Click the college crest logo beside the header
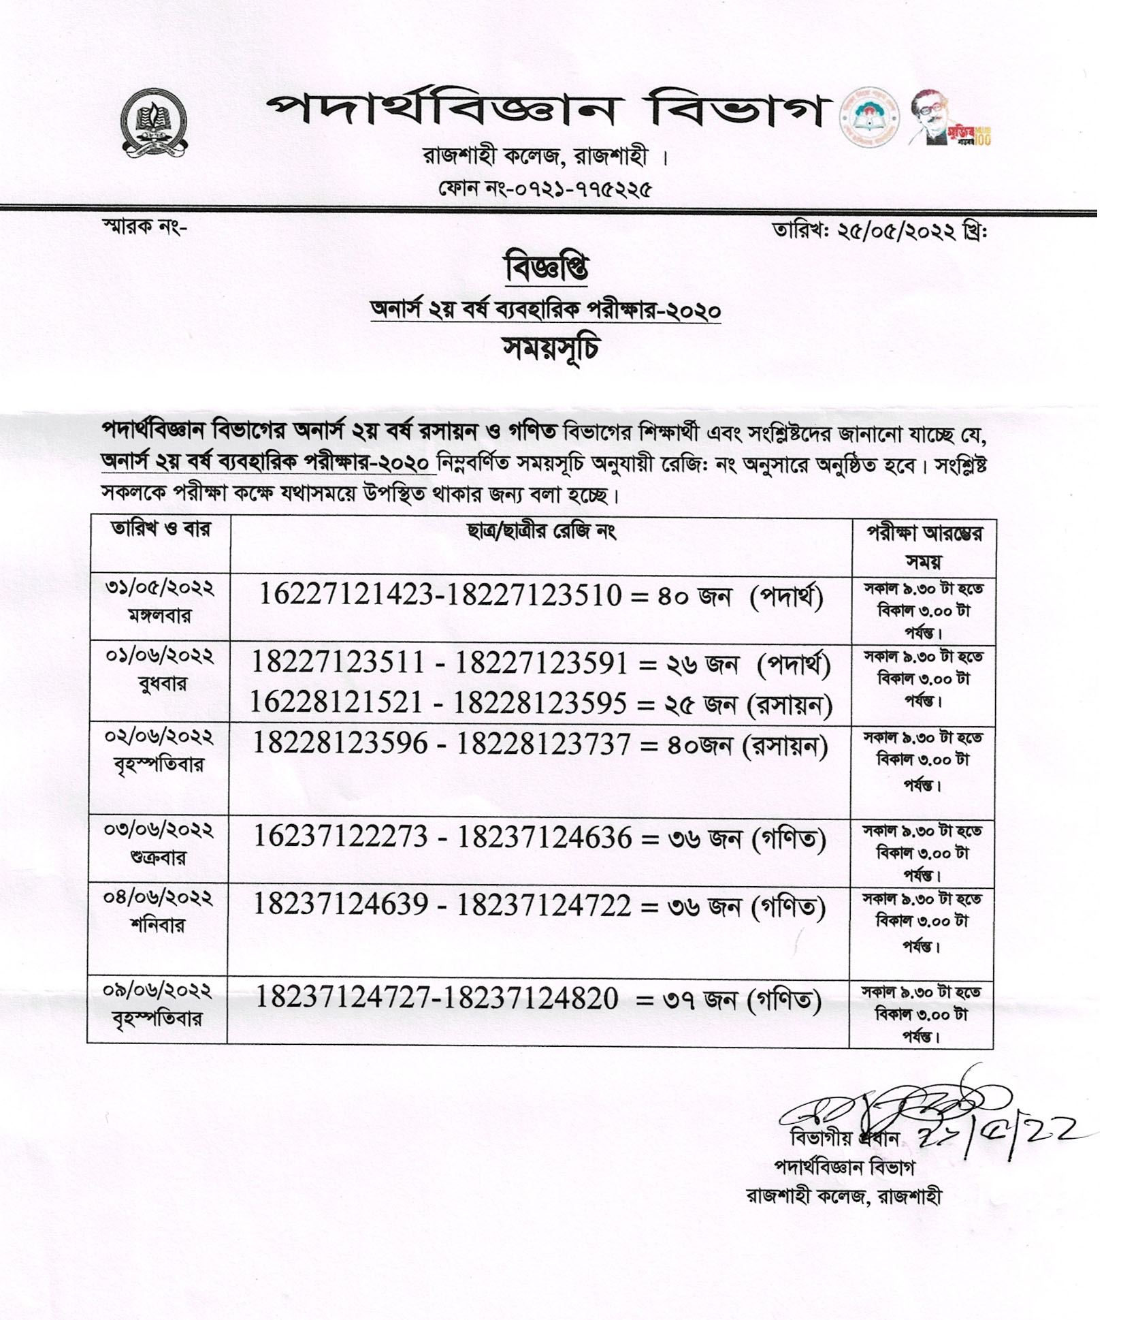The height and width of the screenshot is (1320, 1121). (155, 123)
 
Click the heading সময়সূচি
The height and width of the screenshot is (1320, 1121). (551, 349)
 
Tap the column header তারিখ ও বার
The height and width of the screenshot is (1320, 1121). (161, 529)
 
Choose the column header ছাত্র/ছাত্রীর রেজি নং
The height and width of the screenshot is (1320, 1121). (541, 531)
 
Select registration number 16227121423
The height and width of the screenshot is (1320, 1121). (346, 595)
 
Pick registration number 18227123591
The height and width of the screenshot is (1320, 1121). (541, 663)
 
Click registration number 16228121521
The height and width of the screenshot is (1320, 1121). (336, 702)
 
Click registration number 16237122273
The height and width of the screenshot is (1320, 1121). (340, 836)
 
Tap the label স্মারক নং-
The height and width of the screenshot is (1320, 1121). (144, 226)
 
